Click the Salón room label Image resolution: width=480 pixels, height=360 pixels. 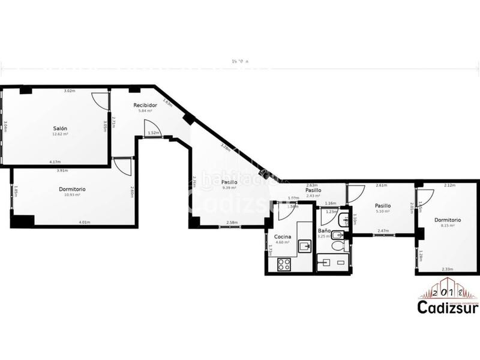tap(59, 128)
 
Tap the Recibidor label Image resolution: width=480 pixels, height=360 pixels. tap(145, 105)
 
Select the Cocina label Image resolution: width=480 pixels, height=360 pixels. tap(283, 237)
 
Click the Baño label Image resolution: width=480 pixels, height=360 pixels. tap(324, 230)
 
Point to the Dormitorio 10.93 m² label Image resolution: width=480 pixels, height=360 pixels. tap(72, 190)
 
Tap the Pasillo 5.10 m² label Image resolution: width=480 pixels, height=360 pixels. tap(383, 206)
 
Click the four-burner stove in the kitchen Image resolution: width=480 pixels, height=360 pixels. tap(283, 263)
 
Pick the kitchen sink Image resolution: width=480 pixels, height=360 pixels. tap(305, 245)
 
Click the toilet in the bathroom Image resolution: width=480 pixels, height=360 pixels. tap(338, 245)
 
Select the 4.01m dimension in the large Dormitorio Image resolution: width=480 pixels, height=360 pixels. tap(84, 223)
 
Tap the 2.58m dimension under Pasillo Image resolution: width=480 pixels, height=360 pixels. tap(232, 223)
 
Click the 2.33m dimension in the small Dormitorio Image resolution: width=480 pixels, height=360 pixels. tap(447, 269)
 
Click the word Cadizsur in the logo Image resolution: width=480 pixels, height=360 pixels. tap(448, 306)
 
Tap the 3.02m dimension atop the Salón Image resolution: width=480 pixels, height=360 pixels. tap(70, 91)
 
